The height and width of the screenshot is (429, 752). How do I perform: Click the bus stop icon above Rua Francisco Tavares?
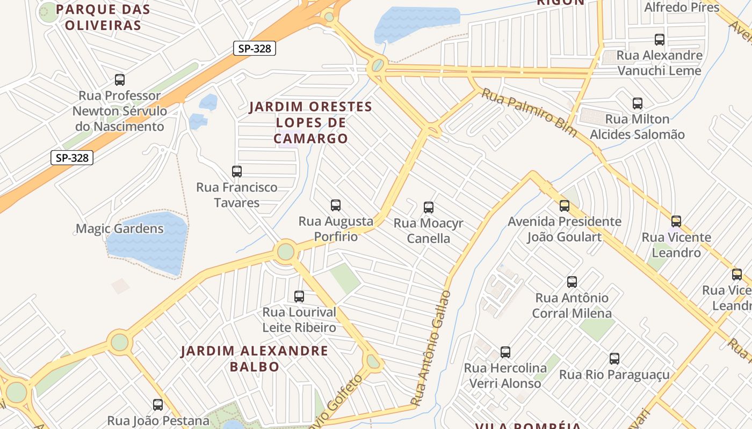[x=237, y=172]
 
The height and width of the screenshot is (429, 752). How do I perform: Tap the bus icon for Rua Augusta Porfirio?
[x=336, y=205]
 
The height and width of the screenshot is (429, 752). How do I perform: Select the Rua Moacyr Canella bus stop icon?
[x=429, y=208]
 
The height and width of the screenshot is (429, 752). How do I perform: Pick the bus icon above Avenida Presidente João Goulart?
[x=565, y=206]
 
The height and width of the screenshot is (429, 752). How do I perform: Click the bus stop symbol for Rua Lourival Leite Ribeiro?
[x=299, y=297]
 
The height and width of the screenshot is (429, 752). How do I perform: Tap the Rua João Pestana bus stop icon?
[x=158, y=405]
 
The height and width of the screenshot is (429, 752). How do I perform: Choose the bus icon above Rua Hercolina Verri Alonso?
[x=505, y=352]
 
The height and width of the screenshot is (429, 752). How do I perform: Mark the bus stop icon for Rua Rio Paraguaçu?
[x=614, y=359]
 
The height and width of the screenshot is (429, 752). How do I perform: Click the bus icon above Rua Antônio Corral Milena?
[x=572, y=282]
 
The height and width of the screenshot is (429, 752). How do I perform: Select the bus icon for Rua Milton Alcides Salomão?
[x=638, y=103]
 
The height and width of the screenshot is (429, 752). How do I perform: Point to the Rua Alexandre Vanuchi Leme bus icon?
[x=660, y=40]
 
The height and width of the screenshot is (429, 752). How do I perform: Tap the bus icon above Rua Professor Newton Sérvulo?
[x=120, y=80]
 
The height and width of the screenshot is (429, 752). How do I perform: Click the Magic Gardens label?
[x=119, y=228]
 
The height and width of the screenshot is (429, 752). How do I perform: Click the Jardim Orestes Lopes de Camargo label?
[x=310, y=122]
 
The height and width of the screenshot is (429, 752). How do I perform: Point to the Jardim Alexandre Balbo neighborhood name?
[x=254, y=359]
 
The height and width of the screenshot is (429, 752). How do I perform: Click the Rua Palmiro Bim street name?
[x=529, y=113]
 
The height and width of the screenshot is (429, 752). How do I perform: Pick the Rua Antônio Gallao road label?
[x=431, y=349]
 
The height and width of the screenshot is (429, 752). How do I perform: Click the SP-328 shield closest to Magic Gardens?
[x=72, y=158]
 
